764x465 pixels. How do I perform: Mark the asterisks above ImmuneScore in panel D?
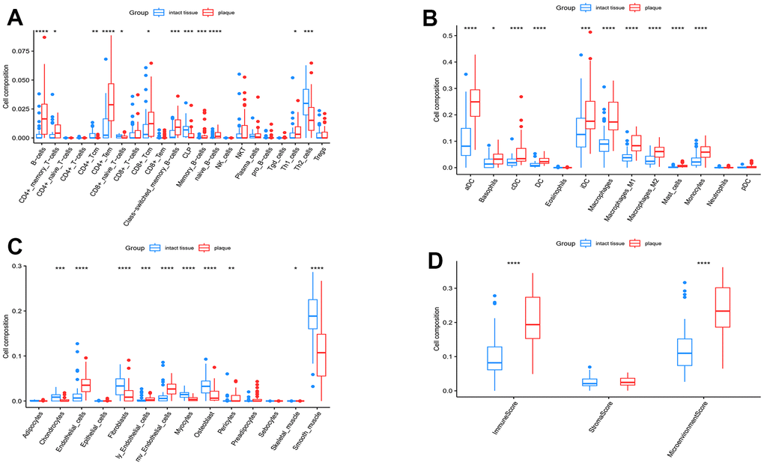515,264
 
